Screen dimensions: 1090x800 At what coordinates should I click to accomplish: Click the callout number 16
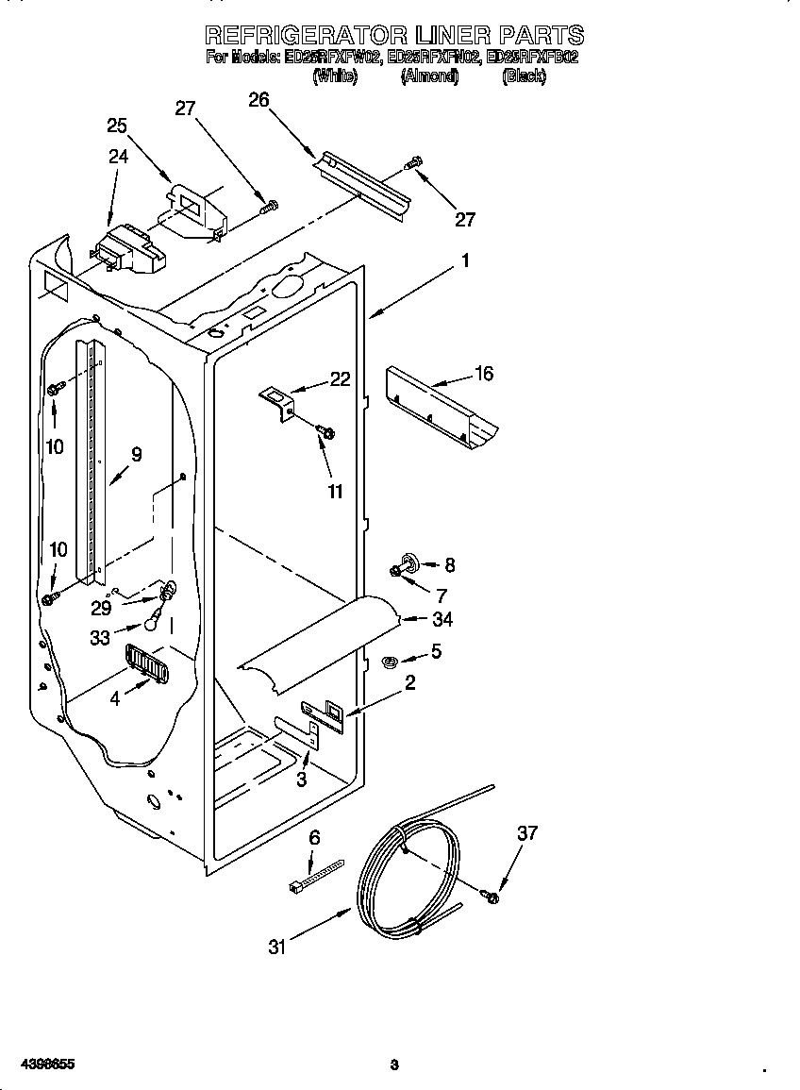(x=483, y=374)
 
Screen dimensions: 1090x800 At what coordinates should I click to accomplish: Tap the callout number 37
(x=527, y=833)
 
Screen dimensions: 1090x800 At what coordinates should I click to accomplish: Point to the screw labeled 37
(x=491, y=895)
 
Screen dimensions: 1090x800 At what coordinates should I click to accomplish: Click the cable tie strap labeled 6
(x=316, y=875)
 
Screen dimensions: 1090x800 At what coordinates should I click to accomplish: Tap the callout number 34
(x=442, y=620)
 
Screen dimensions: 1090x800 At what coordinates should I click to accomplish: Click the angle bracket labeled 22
(x=279, y=399)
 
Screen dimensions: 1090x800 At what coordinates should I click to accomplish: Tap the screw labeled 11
(x=326, y=432)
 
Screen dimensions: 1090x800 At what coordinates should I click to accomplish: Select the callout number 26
(x=258, y=99)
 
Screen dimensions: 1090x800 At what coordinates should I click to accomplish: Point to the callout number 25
(x=117, y=126)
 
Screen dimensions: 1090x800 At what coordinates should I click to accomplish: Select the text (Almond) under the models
(x=429, y=76)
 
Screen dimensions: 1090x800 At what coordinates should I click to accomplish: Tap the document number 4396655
(x=39, y=1064)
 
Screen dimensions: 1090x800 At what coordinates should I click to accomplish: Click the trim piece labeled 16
(x=443, y=406)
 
